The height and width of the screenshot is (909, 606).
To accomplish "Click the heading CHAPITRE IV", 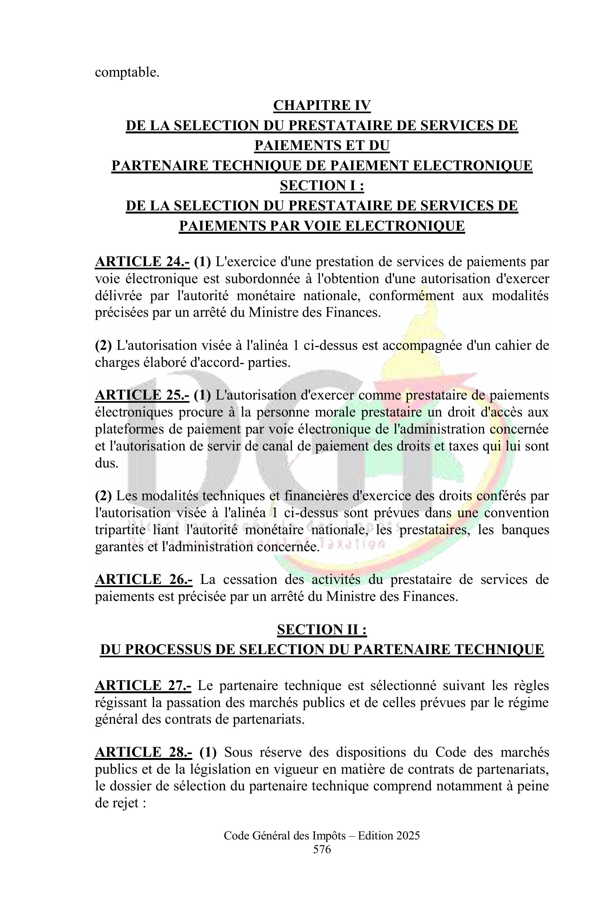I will pos(322,105).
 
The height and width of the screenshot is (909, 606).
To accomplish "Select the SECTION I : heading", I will pos(322,186).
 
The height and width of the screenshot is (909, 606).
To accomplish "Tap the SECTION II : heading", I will pos(322,630).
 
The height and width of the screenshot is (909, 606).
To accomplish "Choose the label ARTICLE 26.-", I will pos(143,580).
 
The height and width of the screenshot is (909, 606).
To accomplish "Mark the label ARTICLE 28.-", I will pos(144,753).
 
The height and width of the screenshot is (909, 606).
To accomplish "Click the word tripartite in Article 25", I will pos(118,530).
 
